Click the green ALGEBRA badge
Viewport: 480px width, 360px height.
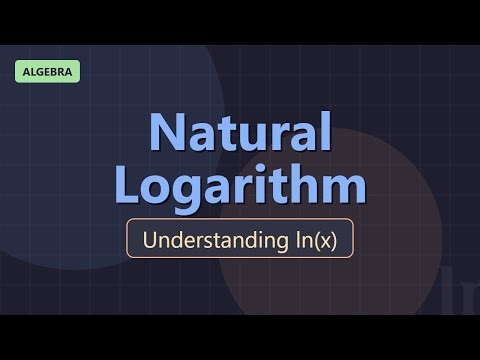click(48, 72)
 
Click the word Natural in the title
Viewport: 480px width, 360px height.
click(240, 132)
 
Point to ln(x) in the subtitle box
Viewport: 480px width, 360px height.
click(314, 241)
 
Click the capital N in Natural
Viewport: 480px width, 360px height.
click(167, 132)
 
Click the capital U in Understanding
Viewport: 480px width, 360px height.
click(150, 241)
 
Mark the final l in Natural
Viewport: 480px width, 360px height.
click(322, 131)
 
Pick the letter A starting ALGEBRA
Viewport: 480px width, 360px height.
click(23, 72)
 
